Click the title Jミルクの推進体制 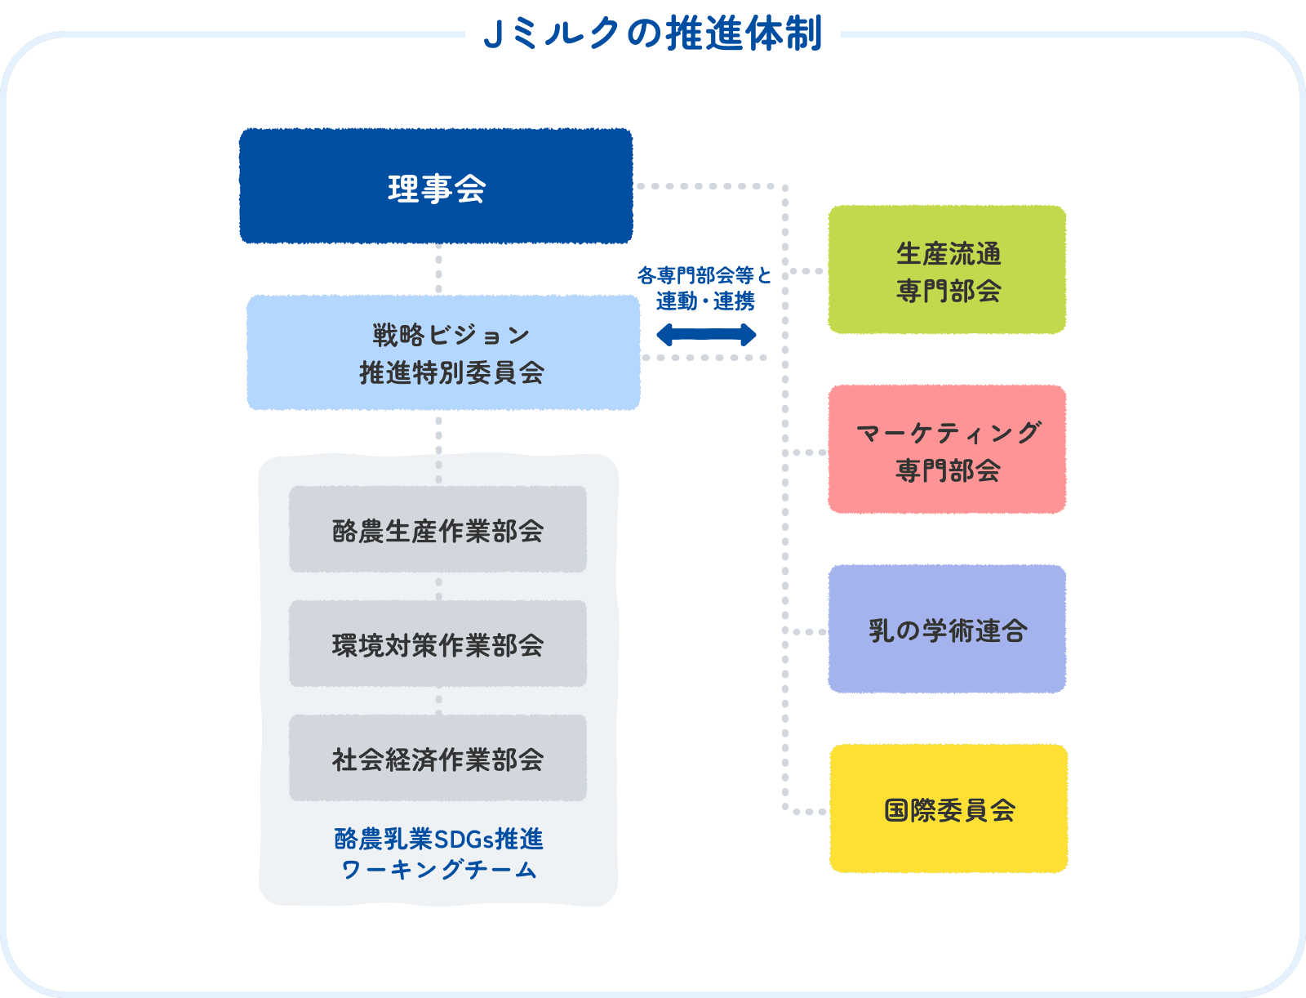(x=652, y=33)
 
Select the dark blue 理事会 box (x=436, y=186)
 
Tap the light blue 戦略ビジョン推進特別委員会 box (x=443, y=353)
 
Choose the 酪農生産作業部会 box (x=438, y=530)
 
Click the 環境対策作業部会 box (x=438, y=644)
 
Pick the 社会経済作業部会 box (x=438, y=759)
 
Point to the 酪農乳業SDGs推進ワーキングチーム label (x=438, y=853)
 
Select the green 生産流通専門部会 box (x=947, y=270)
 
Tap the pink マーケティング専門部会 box (x=947, y=450)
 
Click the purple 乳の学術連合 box (x=947, y=630)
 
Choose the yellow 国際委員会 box (x=948, y=809)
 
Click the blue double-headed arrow (x=706, y=334)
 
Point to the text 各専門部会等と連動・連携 (x=704, y=288)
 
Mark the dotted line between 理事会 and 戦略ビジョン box (x=438, y=269)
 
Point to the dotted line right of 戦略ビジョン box (x=704, y=358)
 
